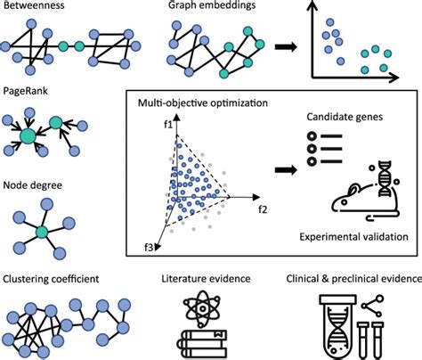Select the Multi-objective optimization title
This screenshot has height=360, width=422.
pyautogui.click(x=201, y=105)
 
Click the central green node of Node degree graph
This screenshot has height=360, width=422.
pyautogui.click(x=41, y=232)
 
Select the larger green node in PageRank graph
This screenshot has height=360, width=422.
pyautogui.click(x=28, y=136)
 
